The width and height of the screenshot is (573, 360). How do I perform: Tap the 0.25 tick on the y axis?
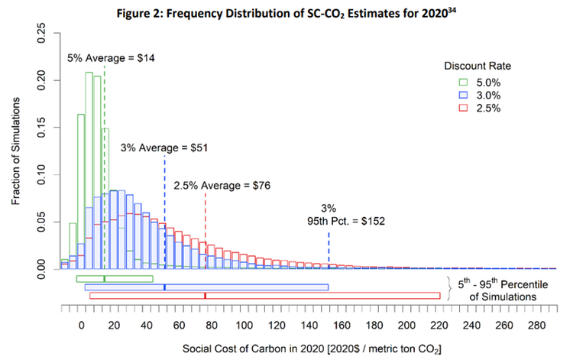(43, 31)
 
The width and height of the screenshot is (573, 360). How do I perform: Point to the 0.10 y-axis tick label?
(43, 174)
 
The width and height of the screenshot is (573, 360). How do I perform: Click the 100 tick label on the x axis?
(244, 323)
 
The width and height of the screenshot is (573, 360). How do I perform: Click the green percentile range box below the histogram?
(115, 278)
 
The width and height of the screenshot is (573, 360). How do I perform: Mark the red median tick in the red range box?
(205, 295)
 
